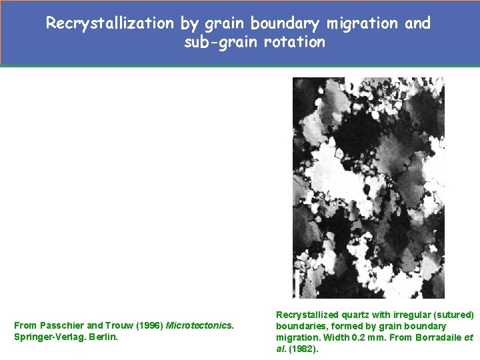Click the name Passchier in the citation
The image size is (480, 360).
pyautogui.click(x=62, y=325)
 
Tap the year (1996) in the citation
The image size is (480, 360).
pyautogui.click(x=147, y=325)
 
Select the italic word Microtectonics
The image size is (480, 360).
pyautogui.click(x=199, y=325)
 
